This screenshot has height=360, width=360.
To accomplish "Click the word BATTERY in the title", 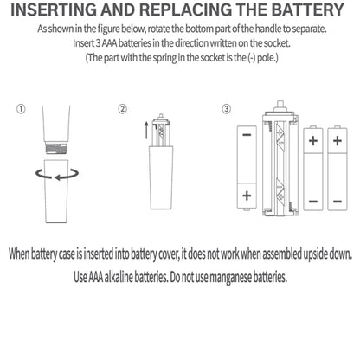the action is [307, 10].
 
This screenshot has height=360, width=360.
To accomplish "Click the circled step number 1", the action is [21, 109].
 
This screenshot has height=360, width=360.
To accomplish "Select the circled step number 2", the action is [122, 109].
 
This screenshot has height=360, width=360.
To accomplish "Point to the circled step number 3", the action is [227, 109].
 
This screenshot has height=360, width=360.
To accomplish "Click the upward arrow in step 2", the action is [146, 131].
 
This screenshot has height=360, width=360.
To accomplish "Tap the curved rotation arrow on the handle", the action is [57, 175].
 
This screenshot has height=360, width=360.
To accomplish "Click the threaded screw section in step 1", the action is [57, 148].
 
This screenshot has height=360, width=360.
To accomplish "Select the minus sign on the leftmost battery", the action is [247, 135].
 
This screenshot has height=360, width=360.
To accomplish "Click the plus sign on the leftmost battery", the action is [247, 196].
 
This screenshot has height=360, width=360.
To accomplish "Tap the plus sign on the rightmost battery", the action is [337, 141].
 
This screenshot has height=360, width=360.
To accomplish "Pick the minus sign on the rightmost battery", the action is [337, 202].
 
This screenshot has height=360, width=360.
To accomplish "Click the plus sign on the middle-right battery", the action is [313, 141].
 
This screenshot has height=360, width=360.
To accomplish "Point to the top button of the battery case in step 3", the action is [280, 105].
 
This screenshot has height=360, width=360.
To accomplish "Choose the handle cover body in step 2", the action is [162, 177].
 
